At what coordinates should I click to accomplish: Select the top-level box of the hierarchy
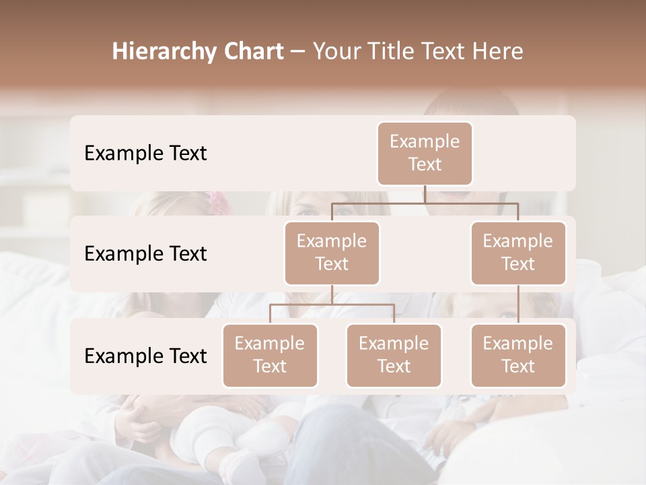(x=425, y=153)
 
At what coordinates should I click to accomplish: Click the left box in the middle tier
(x=332, y=253)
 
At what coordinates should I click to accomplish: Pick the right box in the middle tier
(x=518, y=253)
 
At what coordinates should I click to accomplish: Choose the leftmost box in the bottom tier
(x=270, y=355)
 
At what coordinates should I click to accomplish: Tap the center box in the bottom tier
(x=394, y=355)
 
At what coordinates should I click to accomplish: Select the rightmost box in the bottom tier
(x=518, y=355)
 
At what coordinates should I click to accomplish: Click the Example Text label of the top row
(x=145, y=153)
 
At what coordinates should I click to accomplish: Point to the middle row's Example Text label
(x=145, y=253)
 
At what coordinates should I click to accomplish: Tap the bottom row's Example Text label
(x=145, y=356)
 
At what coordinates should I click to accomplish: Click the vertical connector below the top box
(x=425, y=194)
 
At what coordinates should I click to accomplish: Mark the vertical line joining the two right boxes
(x=518, y=304)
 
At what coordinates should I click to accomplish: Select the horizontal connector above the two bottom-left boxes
(x=332, y=304)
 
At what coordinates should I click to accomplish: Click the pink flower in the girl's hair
(x=217, y=200)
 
